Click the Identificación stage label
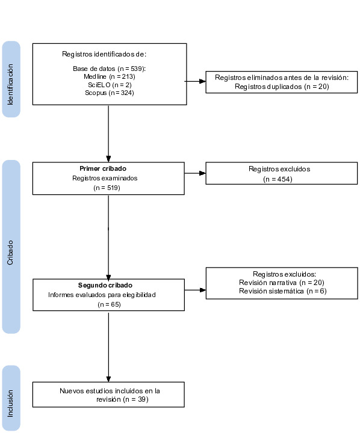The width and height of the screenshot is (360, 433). [x=10, y=84]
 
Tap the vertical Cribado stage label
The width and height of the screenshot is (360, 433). [x=10, y=253]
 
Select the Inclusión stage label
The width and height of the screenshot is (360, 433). [x=10, y=403]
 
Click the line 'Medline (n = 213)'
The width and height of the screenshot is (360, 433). [x=110, y=76]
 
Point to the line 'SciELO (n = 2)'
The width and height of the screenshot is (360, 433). [x=110, y=85]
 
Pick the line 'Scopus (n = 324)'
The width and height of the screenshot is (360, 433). [x=110, y=93]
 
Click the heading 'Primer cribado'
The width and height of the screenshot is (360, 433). [x=103, y=168]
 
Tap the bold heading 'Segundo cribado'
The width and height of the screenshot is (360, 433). [x=105, y=285]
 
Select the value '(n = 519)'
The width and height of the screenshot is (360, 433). [x=107, y=188]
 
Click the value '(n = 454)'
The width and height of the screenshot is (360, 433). [x=278, y=179]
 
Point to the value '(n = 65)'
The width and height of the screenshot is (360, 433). [x=109, y=304]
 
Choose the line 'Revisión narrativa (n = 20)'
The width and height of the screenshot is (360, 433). [x=282, y=283]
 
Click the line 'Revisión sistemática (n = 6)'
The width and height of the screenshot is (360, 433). [x=282, y=291]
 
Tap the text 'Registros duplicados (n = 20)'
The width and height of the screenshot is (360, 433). [x=282, y=87]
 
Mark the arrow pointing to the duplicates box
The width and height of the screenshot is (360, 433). [x=195, y=81]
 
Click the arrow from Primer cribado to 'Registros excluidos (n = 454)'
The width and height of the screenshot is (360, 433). [x=195, y=173]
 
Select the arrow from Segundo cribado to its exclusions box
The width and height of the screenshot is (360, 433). [x=195, y=290]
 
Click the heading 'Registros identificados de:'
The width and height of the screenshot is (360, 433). [x=104, y=54]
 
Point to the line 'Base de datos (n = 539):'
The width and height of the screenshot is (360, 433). [x=109, y=69]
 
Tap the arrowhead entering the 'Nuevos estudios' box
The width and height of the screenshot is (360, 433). [x=108, y=379]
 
